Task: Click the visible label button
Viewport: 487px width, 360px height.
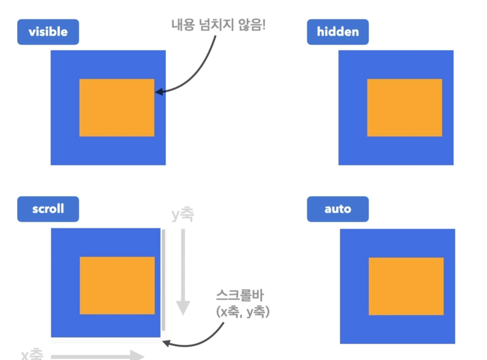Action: click(x=48, y=32)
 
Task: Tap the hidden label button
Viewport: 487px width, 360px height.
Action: click(x=338, y=32)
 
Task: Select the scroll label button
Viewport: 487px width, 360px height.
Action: click(x=48, y=209)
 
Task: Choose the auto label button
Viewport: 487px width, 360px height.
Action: click(x=338, y=209)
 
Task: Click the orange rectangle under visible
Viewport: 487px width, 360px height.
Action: click(x=117, y=107)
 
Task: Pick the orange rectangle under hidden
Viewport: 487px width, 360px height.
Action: click(x=404, y=107)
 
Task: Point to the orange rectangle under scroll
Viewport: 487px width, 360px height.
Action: click(x=117, y=285)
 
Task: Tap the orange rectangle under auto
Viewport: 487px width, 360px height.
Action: click(x=406, y=286)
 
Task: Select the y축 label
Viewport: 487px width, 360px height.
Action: click(x=183, y=215)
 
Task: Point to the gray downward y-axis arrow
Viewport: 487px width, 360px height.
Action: click(x=183, y=272)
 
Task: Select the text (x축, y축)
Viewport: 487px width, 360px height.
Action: click(x=243, y=312)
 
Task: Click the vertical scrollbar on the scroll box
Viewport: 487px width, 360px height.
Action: click(x=163, y=280)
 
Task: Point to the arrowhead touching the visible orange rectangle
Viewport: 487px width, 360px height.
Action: click(x=158, y=92)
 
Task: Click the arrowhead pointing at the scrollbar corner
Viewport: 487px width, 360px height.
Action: click(x=166, y=342)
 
